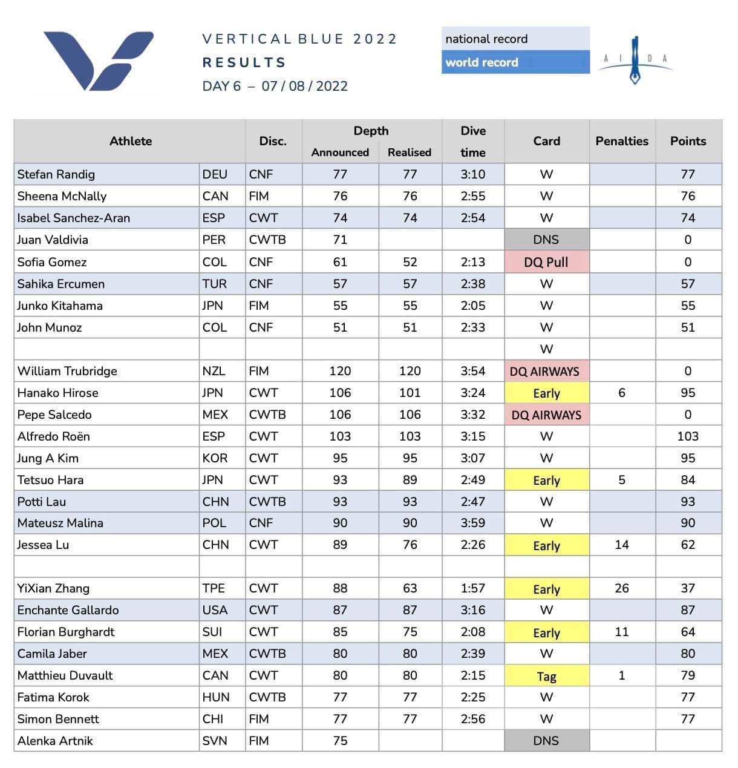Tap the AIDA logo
[635, 60]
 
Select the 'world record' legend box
[515, 62]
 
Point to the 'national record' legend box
[515, 39]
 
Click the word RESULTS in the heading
[244, 62]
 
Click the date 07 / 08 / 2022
[304, 86]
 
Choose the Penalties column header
[622, 141]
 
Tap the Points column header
[688, 141]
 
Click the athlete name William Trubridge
[67, 371]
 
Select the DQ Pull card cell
[547, 261]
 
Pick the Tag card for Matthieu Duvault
[547, 676]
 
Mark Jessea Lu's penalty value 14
[622, 545]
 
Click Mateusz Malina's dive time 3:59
[473, 523]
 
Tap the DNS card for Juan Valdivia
[547, 240]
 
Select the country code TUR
[215, 284]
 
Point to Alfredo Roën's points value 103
[688, 436]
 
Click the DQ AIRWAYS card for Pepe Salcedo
[547, 415]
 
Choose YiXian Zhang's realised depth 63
[410, 588]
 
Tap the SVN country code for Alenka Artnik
[215, 741]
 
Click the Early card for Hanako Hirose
[547, 393]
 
